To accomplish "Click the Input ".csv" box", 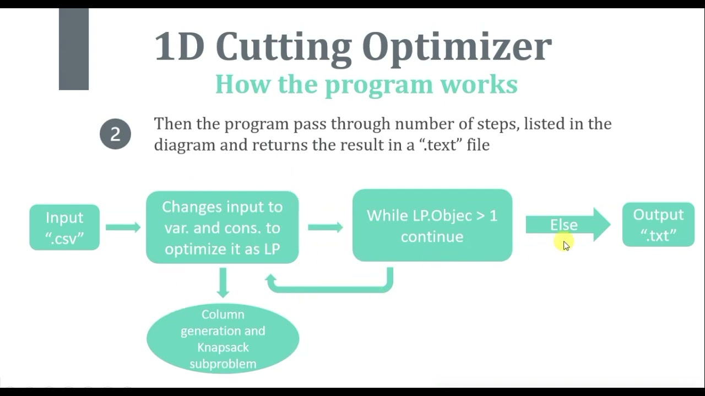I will click(64, 227).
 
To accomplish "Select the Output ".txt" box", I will click(658, 224).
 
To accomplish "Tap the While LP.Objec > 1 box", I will click(432, 226).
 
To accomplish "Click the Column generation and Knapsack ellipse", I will click(223, 338).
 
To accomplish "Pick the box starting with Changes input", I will click(222, 228).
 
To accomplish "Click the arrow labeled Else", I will click(567, 224).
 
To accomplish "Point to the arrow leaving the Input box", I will click(123, 227).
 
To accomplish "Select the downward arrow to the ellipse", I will click(223, 282).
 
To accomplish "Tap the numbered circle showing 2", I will click(115, 134).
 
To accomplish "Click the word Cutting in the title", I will click(283, 47).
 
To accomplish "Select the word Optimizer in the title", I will click(457, 47).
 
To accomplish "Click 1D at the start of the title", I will click(179, 47).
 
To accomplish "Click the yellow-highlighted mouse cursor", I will click(565, 244).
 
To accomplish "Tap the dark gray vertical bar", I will click(74, 49).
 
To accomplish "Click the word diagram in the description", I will click(185, 145).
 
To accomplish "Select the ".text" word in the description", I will click(440, 145).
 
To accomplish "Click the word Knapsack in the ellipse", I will click(223, 348).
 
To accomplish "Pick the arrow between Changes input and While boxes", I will click(326, 227).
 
